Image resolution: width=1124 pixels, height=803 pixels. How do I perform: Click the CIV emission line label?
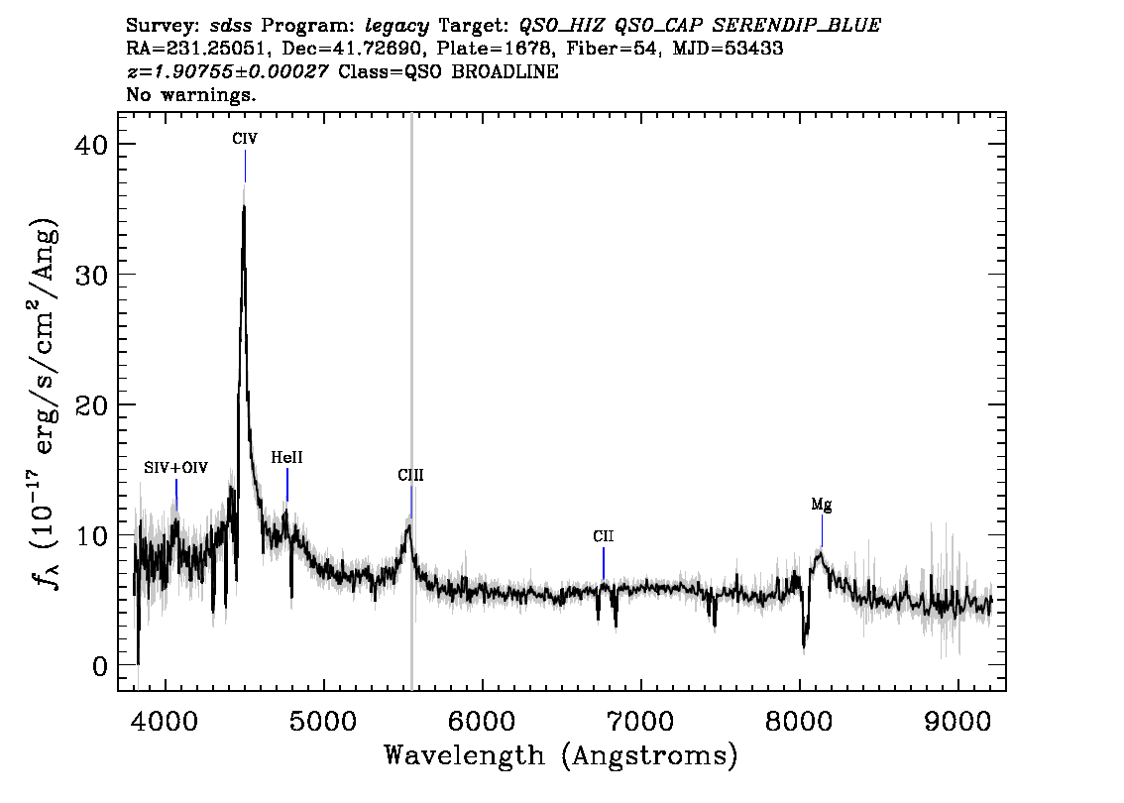tap(245, 140)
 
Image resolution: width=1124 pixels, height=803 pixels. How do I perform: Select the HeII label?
tap(286, 458)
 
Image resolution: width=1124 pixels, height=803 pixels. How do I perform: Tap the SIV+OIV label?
tap(175, 468)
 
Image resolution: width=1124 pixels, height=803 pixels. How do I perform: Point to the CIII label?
tap(410, 476)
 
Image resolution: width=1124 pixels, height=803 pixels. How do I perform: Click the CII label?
tap(604, 536)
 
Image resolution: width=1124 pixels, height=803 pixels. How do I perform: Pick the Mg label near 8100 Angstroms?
tap(821, 505)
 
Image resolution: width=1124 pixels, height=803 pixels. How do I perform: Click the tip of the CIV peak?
tap(244, 205)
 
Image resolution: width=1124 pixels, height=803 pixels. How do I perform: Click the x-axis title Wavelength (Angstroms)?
tap(561, 756)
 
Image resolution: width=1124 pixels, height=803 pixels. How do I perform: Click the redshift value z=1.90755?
tap(228, 72)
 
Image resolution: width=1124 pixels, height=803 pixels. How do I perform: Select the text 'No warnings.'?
tap(190, 95)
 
